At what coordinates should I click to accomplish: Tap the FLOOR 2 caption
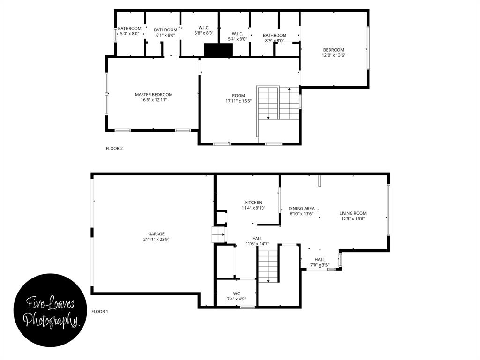[114, 149]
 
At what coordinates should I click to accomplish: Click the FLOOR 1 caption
[99, 311]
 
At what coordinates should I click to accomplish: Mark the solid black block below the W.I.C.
[218, 50]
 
